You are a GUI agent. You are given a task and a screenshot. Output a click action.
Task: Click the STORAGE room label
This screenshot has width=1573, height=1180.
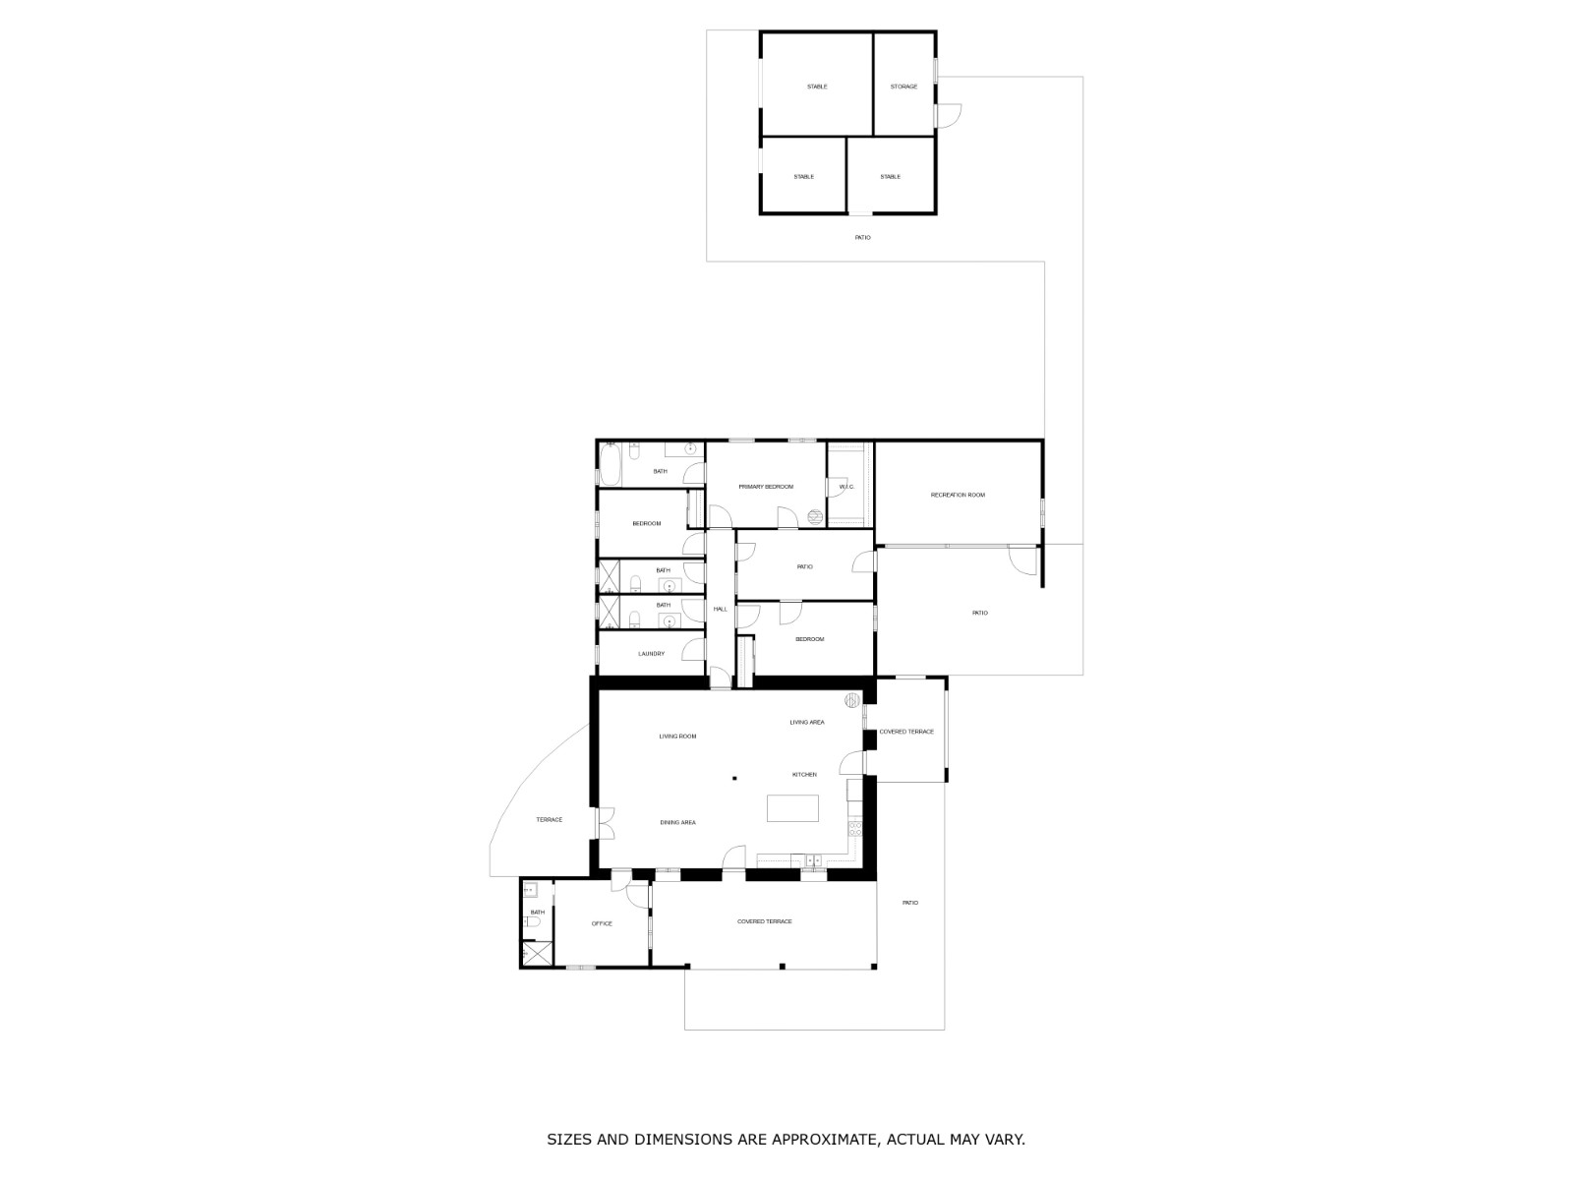[x=903, y=87]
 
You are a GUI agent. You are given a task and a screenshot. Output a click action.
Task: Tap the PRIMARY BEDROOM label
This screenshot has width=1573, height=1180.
[x=766, y=487]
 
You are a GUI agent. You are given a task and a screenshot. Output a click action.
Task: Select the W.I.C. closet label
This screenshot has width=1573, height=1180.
[x=845, y=487]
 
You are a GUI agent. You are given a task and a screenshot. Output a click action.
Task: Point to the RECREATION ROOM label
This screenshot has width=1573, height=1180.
[x=958, y=495]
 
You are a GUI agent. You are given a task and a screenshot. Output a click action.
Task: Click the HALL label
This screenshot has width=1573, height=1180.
[x=720, y=610]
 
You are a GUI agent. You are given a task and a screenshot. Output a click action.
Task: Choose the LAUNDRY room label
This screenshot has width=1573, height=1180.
[x=651, y=654]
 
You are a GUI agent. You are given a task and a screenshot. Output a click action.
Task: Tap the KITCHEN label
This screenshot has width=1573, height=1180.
[x=804, y=775]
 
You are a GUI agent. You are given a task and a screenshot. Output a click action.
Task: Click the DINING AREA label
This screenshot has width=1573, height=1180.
[x=677, y=822]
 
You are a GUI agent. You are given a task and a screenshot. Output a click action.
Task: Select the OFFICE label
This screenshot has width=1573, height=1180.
[x=602, y=923]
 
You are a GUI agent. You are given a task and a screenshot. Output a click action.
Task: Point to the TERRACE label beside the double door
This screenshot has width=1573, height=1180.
[x=549, y=820]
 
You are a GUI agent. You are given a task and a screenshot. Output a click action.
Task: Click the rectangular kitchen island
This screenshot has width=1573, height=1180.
[x=792, y=808]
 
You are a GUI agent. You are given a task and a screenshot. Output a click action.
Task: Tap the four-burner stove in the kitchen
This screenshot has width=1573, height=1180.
[x=855, y=829]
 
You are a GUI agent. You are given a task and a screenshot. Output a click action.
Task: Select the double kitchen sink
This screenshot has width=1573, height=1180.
[x=813, y=861]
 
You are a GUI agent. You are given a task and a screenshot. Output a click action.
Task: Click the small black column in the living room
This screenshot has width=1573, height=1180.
[x=734, y=779]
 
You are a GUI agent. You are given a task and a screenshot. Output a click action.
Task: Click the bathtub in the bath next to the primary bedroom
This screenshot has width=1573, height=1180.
[x=610, y=465]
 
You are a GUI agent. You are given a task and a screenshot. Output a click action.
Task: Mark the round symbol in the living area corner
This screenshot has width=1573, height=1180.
[x=852, y=700]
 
